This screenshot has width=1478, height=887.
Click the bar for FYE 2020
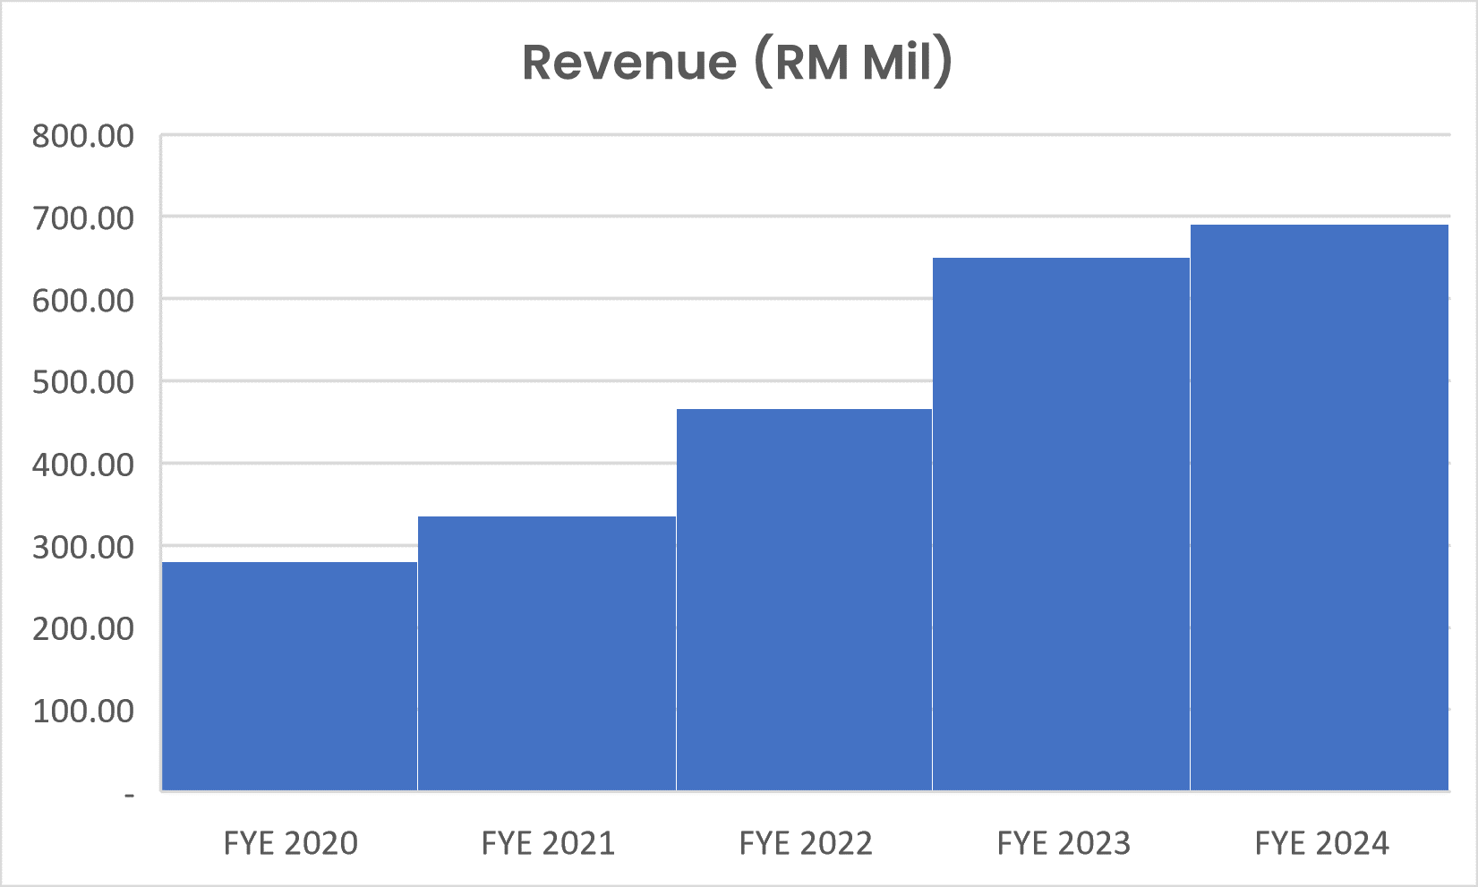coord(289,676)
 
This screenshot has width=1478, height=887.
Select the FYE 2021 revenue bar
coord(547,653)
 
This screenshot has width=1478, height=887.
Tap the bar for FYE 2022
coord(804,600)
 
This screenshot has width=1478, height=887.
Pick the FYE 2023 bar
coord(1061,524)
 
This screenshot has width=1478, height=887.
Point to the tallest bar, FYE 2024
coord(1320,507)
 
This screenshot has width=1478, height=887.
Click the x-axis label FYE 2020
coord(290,843)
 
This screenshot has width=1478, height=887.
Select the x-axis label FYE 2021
coord(548,843)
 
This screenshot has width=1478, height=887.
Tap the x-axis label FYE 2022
coord(806,843)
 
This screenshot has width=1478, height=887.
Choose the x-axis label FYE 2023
coord(1064,843)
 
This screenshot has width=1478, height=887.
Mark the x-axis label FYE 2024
coord(1321,843)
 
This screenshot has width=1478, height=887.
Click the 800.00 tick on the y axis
coord(83,136)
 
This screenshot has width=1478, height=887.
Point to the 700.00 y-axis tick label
coord(83,217)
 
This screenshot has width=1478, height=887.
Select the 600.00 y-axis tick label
coord(83,300)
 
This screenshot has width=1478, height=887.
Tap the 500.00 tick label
coord(83,382)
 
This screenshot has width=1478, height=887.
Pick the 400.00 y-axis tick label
coord(83,465)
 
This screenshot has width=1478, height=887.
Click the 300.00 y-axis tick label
coord(83,546)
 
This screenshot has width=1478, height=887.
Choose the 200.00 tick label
coord(83,628)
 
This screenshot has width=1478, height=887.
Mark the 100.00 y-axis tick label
coord(83,711)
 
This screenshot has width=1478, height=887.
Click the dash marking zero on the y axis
coord(130,794)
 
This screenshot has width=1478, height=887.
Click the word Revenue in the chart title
coord(629,63)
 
